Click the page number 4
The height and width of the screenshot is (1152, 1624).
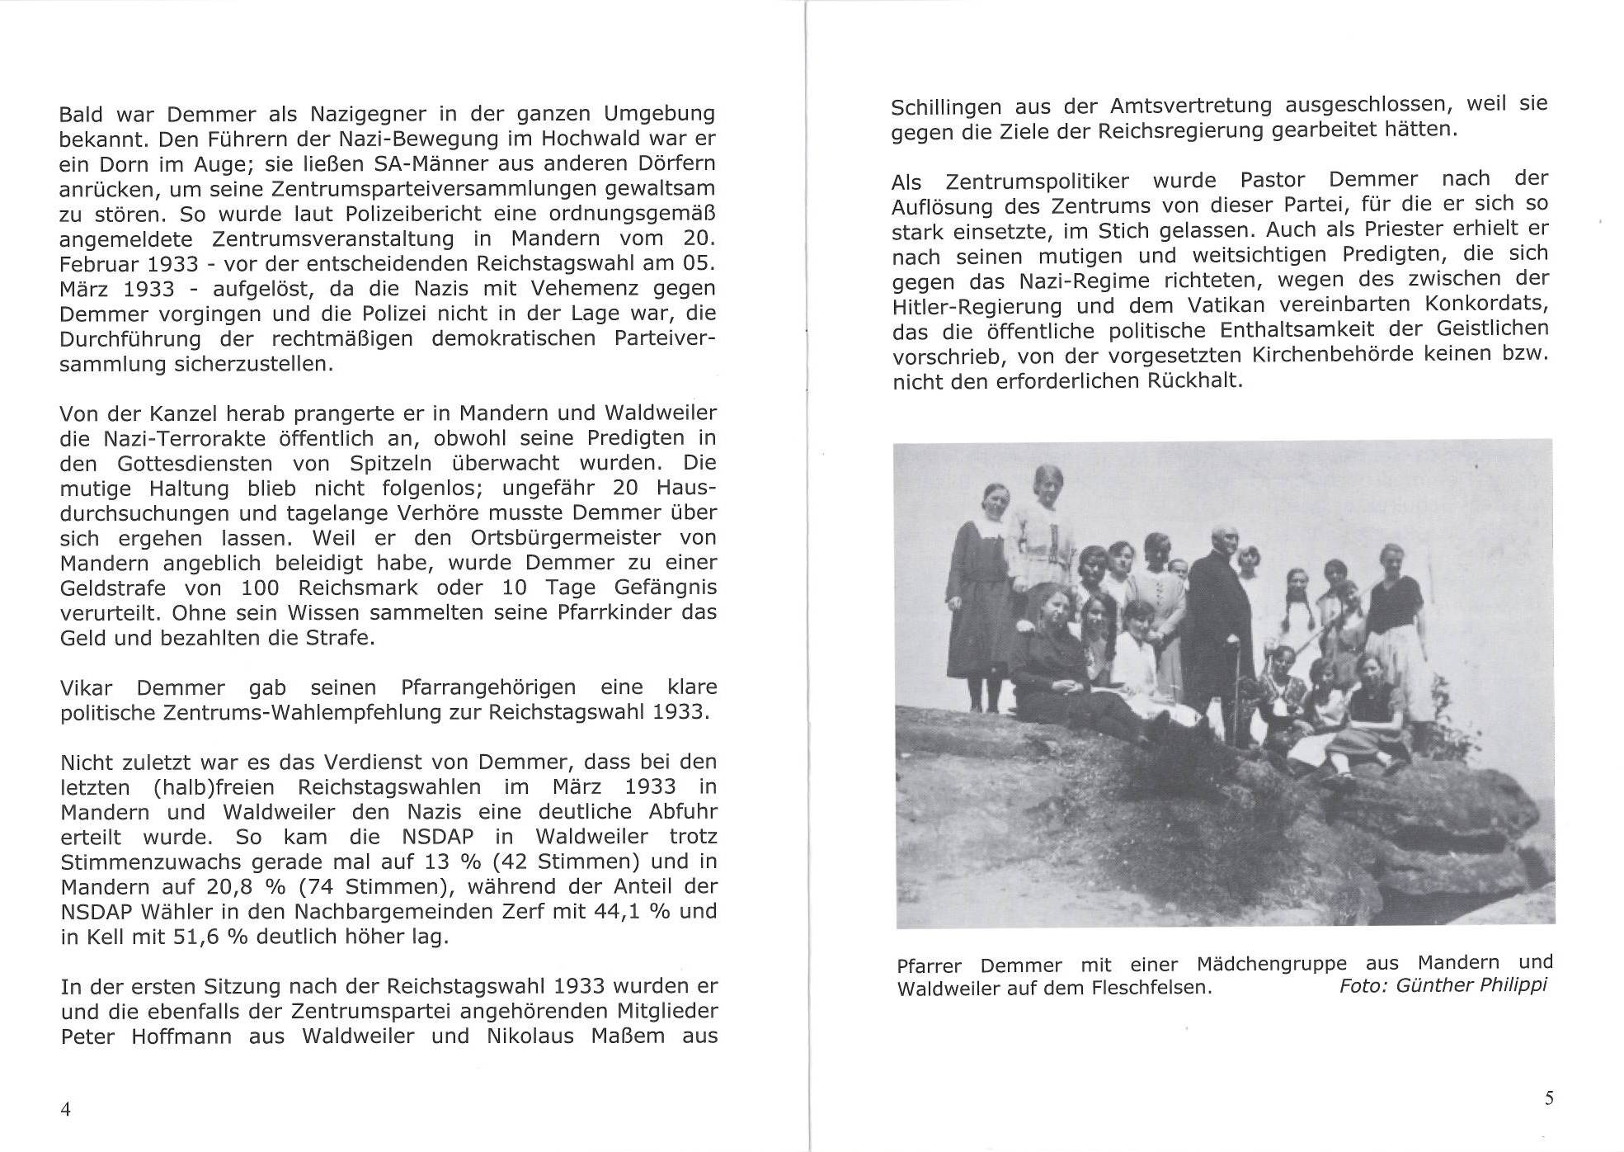coord(66,1108)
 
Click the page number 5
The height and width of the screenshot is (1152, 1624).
coord(1549,1098)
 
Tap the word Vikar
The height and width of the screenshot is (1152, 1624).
coord(86,687)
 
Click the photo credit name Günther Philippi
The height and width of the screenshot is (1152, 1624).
coord(1471,984)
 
